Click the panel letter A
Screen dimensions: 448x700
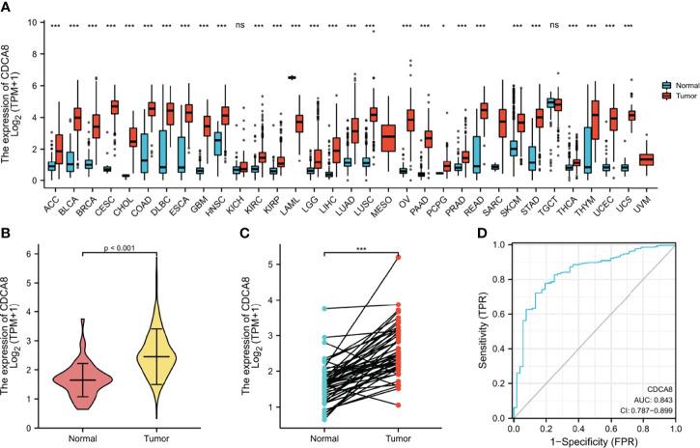7,9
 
